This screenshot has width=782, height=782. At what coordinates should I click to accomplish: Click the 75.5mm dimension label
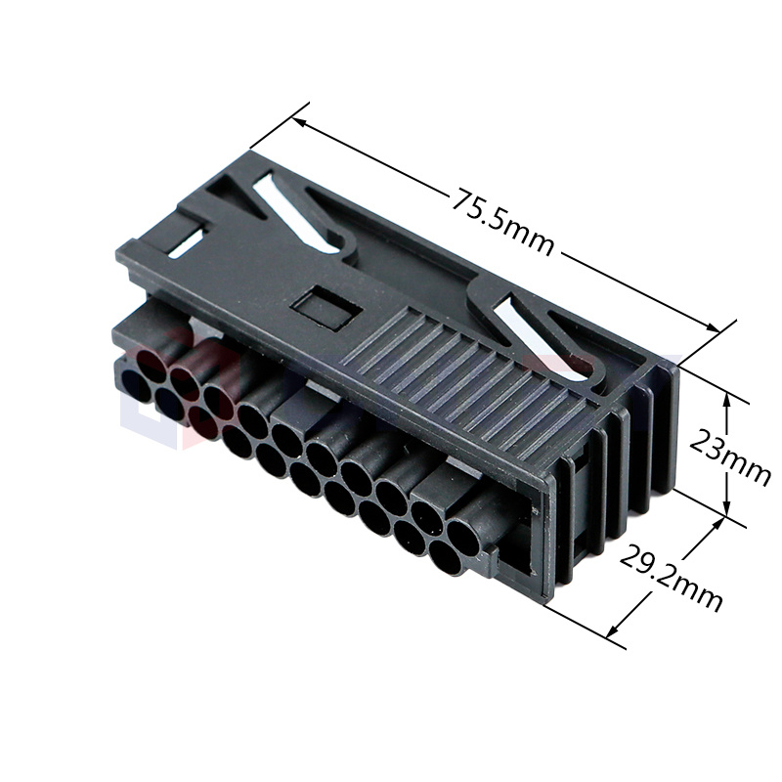(x=502, y=221)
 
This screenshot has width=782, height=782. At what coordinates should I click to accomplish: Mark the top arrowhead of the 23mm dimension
(x=726, y=396)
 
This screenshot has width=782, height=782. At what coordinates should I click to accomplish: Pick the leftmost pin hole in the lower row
(x=136, y=389)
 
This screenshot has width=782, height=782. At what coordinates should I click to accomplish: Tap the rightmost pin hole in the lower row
(x=444, y=557)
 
